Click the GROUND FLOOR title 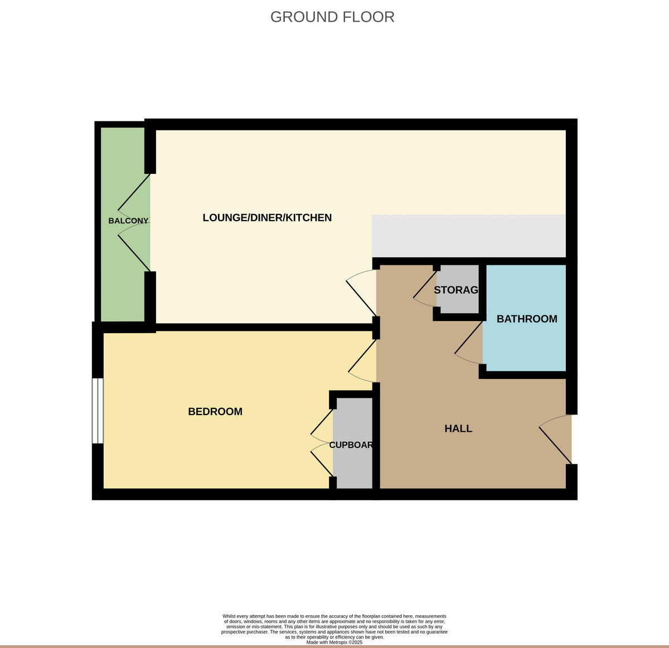(x=332, y=17)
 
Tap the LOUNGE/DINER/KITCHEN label (x=267, y=217)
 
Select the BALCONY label (x=128, y=221)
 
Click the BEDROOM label (x=215, y=412)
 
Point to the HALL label (x=458, y=428)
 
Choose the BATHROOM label (x=527, y=319)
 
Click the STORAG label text (x=456, y=290)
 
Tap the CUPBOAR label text (x=351, y=445)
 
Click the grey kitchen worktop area (x=468, y=236)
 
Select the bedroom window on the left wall (x=98, y=411)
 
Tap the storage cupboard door (x=425, y=287)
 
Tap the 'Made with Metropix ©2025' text (x=334, y=642)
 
